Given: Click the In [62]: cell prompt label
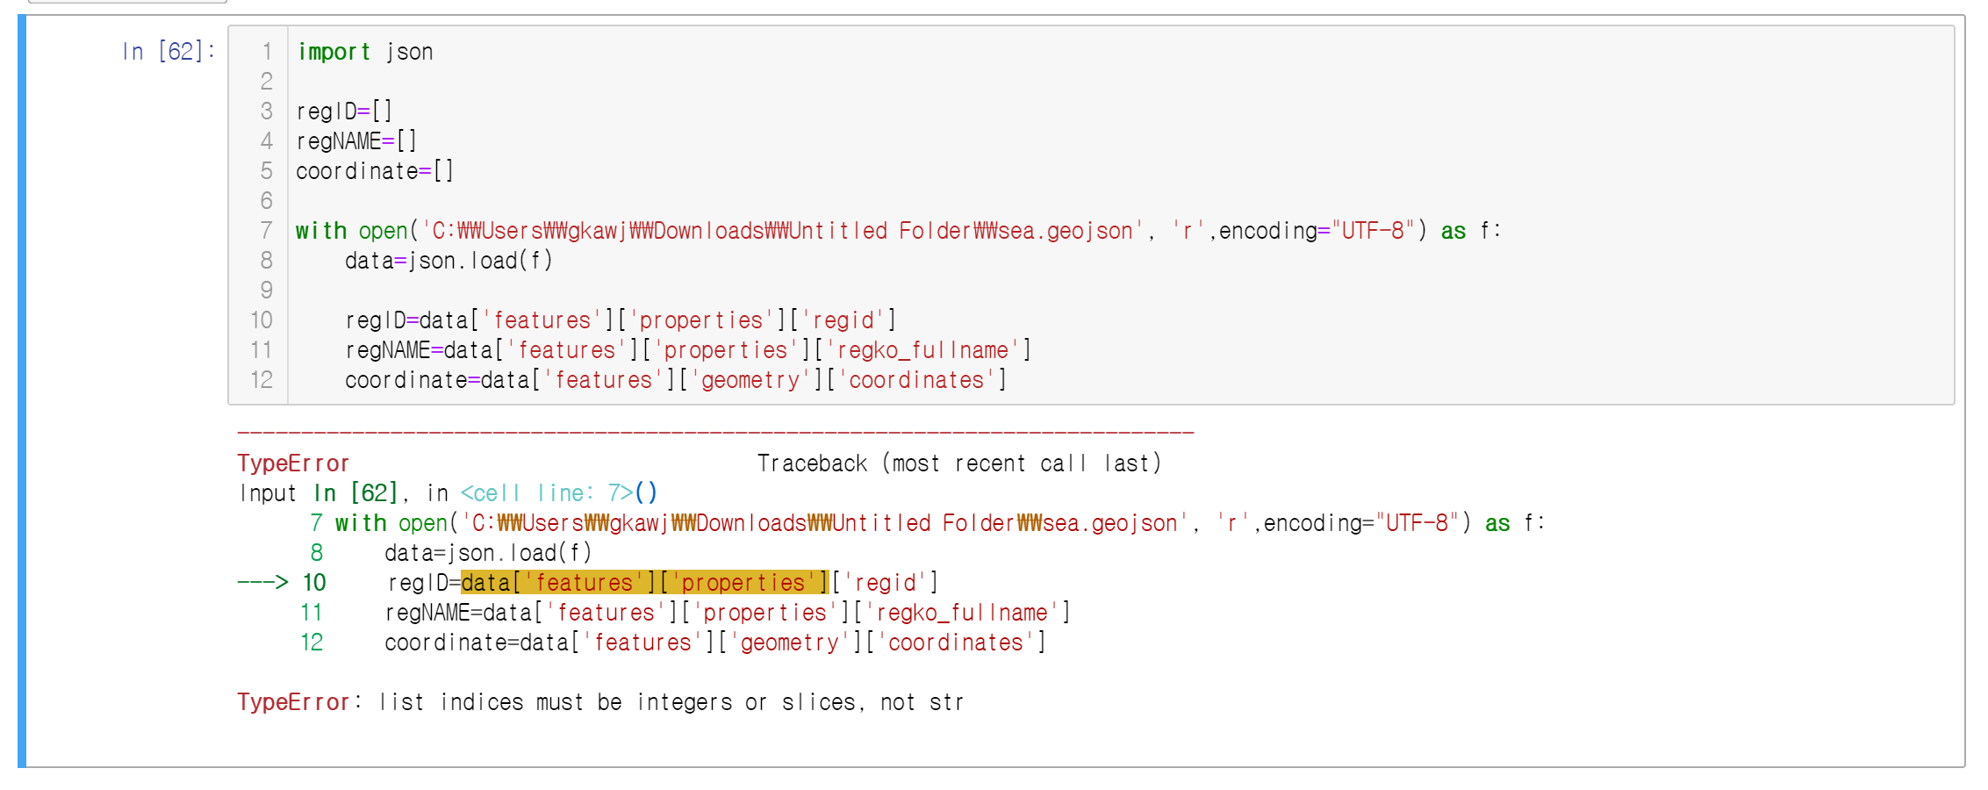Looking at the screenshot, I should click(x=169, y=52).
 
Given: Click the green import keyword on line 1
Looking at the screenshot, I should click(x=334, y=52).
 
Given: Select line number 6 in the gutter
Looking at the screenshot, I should click(x=266, y=201).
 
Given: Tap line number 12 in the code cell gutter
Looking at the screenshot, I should click(x=262, y=380).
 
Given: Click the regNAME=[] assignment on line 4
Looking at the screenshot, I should click(x=356, y=141).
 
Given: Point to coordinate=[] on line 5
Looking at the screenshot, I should click(x=375, y=171).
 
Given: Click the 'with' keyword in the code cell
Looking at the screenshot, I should click(x=321, y=231).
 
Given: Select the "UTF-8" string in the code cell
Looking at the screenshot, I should click(x=1374, y=231).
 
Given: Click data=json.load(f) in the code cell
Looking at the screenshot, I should click(x=449, y=261).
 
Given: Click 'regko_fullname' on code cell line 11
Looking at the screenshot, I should click(x=922, y=350).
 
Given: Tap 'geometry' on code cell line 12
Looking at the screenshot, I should click(x=750, y=380).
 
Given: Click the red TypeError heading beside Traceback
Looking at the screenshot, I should click(x=293, y=463).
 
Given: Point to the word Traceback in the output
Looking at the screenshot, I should click(x=812, y=463).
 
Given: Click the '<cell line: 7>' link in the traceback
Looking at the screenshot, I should click(x=558, y=493).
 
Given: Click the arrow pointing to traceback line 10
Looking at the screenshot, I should click(x=262, y=582).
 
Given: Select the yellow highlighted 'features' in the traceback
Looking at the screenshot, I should click(x=584, y=583).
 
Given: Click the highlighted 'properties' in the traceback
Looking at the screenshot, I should click(x=743, y=583).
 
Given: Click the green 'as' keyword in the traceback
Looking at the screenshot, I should click(x=1497, y=523).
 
